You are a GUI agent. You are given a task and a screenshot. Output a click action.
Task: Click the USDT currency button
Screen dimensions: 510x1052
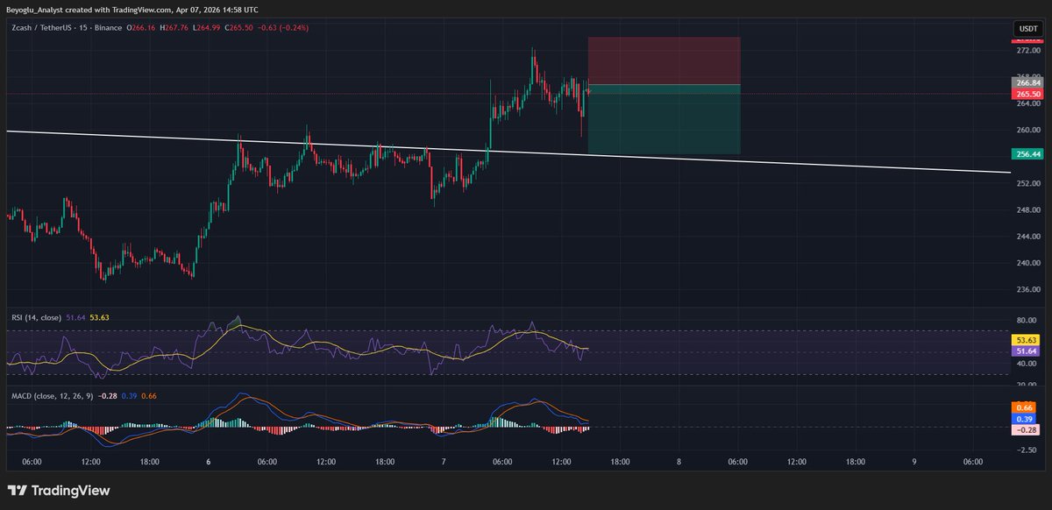(1026, 30)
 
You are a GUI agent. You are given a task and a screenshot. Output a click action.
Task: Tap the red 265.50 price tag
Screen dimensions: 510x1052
(1026, 94)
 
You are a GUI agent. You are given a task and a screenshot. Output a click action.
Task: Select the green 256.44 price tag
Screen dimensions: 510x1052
(1026, 154)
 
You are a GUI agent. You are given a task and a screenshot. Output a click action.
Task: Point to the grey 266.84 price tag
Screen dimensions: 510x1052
(1026, 83)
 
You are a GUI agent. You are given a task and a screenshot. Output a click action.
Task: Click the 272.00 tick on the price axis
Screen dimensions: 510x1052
(1026, 51)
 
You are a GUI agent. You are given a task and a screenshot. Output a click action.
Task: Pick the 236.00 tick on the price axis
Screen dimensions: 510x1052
(1026, 289)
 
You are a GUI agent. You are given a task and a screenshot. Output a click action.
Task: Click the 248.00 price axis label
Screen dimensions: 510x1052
(1026, 209)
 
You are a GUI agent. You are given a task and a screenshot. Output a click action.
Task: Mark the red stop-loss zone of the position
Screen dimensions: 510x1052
(664, 60)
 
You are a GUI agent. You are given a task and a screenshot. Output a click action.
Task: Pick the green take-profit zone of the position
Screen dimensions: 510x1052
(664, 120)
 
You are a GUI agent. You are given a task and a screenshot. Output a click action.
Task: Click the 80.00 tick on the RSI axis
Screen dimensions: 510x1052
(1026, 320)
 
